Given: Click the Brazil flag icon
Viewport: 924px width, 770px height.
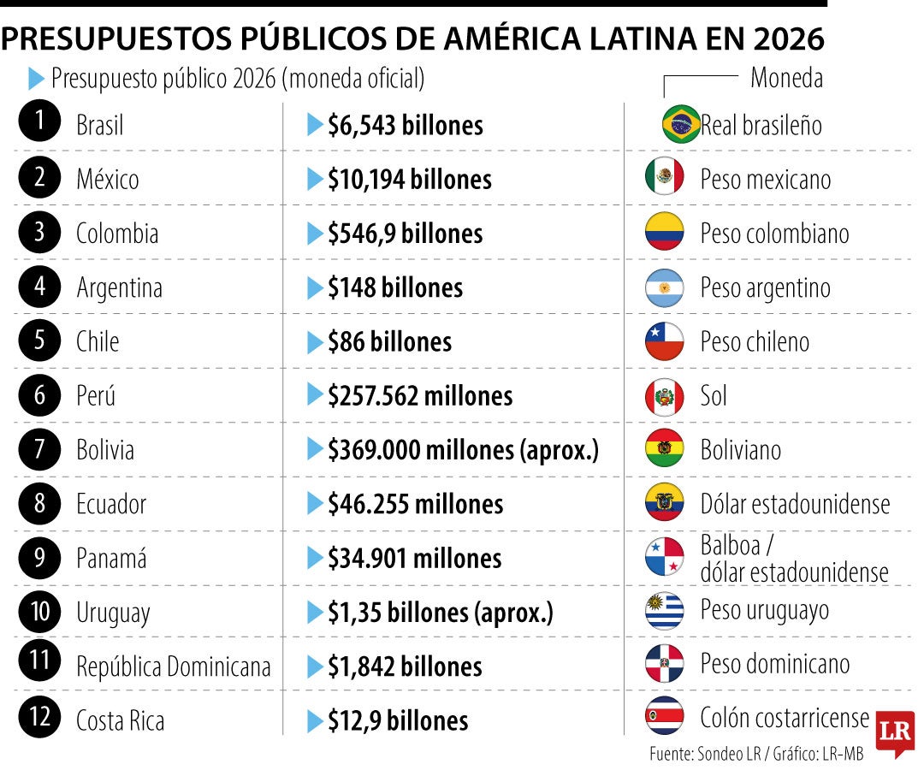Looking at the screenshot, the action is click(681, 124).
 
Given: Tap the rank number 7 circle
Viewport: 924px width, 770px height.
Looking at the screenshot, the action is click(39, 449).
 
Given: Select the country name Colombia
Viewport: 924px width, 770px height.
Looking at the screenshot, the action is click(117, 234).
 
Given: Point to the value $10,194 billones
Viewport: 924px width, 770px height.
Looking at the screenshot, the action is click(410, 180).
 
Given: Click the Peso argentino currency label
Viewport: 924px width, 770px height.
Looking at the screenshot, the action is click(766, 288).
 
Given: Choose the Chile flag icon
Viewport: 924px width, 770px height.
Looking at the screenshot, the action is click(665, 341).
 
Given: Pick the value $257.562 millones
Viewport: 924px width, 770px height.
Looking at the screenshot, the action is click(420, 396).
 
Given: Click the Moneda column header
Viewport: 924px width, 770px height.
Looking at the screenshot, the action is click(787, 78).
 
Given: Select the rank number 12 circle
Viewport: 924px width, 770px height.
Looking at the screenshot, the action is click(39, 716).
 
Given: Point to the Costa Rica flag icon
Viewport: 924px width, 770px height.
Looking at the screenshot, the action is click(665, 716).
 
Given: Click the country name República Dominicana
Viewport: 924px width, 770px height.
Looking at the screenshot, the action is click(173, 666).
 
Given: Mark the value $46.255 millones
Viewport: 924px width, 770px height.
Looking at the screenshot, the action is click(416, 504).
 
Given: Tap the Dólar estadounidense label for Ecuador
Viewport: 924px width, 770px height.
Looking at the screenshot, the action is click(795, 504).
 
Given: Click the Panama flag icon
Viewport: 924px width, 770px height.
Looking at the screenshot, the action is click(665, 557).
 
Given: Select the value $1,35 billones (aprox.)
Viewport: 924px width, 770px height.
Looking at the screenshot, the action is click(441, 613).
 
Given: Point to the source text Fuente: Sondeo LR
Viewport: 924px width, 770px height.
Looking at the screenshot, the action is click(705, 754).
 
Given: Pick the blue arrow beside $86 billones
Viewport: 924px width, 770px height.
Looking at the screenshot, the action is click(315, 342).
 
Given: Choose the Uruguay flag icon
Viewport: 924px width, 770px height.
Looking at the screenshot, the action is click(665, 611).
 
